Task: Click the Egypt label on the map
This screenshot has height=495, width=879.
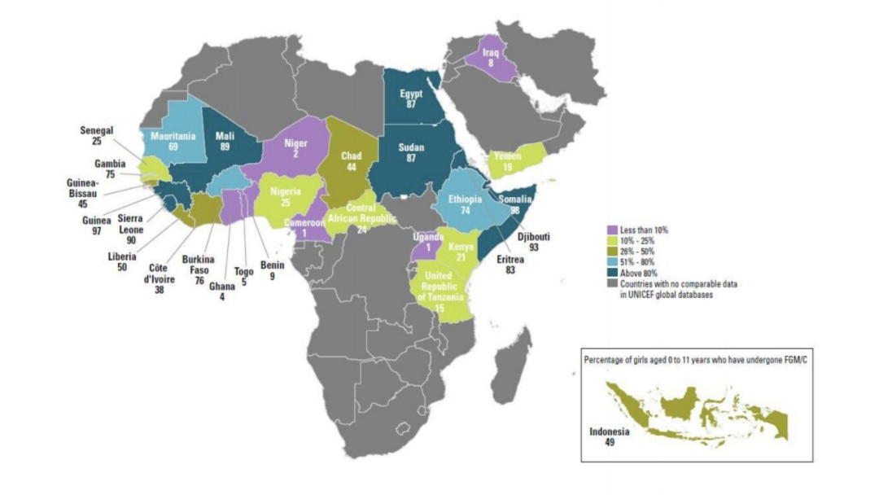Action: [411, 94]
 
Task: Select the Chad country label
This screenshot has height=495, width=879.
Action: [351, 156]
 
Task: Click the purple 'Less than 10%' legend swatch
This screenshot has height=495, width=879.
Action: [612, 230]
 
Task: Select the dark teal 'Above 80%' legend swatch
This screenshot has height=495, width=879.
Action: [612, 273]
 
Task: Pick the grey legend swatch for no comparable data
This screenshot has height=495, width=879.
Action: [612, 283]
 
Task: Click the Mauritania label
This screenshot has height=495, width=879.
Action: [173, 136]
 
